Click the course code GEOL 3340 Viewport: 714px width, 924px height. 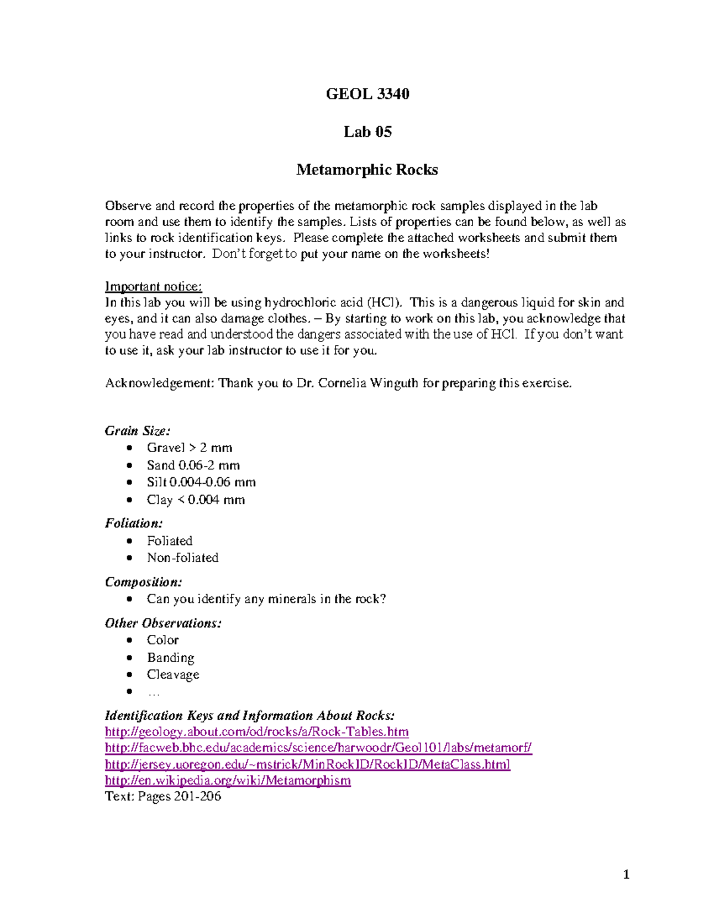(x=367, y=94)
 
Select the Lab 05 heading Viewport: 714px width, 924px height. (x=367, y=132)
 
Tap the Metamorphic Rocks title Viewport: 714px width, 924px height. (x=367, y=170)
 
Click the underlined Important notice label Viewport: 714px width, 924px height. (x=154, y=287)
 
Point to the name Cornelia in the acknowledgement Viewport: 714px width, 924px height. (x=342, y=383)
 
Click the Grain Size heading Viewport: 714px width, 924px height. (x=137, y=431)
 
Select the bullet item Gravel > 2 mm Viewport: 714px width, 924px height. (x=189, y=448)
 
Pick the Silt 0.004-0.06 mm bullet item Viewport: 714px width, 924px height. (x=201, y=483)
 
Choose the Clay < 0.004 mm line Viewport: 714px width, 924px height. (x=196, y=500)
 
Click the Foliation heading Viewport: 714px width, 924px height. (x=134, y=524)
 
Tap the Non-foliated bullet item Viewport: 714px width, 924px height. (x=183, y=558)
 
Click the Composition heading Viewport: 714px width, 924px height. (x=143, y=582)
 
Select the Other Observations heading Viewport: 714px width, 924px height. (x=163, y=624)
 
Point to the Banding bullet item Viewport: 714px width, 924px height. (x=170, y=658)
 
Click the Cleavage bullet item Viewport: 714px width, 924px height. (x=173, y=675)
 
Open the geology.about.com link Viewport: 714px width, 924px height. (x=256, y=732)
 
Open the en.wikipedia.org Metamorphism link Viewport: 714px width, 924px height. (x=228, y=781)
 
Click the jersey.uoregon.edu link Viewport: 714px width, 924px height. (x=308, y=765)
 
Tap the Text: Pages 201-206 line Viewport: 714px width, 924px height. (x=163, y=797)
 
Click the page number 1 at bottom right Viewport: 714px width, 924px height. (x=626, y=875)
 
